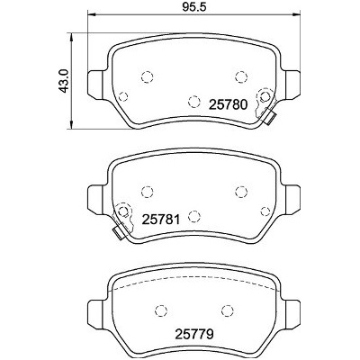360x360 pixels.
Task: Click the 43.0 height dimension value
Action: tap(65, 81)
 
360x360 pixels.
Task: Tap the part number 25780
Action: tap(229, 105)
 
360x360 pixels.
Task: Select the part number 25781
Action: tap(161, 220)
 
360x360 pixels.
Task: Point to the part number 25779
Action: tap(194, 334)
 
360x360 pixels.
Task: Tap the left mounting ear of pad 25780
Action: tap(96, 85)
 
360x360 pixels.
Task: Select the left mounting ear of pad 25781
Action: tap(96, 200)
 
